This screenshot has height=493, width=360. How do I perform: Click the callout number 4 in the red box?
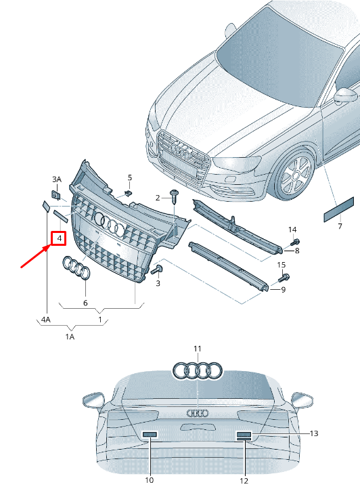[x=60, y=238]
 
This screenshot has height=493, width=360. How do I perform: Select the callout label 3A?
[x=57, y=179]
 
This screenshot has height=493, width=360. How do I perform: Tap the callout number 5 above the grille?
[x=130, y=177]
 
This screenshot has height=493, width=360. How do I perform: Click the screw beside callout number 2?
[x=175, y=197]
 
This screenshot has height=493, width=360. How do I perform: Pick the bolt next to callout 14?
[x=295, y=242]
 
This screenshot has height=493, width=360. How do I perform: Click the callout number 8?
[x=296, y=251]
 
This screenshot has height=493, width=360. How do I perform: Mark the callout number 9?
[x=283, y=290]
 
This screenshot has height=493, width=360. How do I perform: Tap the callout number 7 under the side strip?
[x=340, y=226]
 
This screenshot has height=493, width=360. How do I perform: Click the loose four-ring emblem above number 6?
[x=76, y=268]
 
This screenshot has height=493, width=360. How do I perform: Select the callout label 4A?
[x=45, y=318]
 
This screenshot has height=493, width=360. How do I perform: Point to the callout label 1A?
[x=70, y=336]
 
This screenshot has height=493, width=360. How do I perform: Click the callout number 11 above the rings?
[x=197, y=349]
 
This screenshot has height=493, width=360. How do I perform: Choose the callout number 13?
[x=313, y=433]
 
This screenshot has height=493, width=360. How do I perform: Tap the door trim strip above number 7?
[x=338, y=209]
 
